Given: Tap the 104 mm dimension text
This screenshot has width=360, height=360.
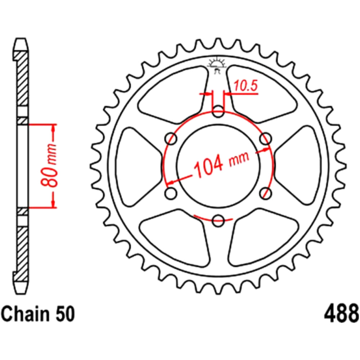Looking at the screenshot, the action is coord(221,163).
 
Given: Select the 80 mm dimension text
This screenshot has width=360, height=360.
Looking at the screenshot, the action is coord(49,166).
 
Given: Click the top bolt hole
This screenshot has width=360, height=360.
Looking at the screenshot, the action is coord(218,111).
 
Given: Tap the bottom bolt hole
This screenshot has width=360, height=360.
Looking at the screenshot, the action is coord(218,220).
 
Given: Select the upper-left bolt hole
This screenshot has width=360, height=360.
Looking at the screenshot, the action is coord(171,139).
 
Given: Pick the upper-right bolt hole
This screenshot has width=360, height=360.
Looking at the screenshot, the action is coord(265,139).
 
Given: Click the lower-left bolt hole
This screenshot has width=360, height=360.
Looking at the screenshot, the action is coord(171,193).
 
